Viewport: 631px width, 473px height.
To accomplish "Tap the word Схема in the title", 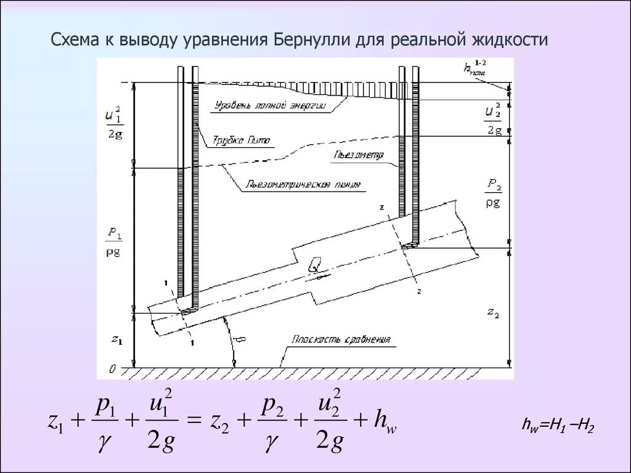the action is point(71,41).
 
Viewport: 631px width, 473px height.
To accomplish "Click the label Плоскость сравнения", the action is point(341,339).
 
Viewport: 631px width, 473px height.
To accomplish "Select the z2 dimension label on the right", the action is point(492,313).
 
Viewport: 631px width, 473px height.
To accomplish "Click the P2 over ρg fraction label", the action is point(493,193).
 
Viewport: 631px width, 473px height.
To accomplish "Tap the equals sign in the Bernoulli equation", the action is point(194,421).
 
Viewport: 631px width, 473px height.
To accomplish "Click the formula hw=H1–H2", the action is point(557,426).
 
